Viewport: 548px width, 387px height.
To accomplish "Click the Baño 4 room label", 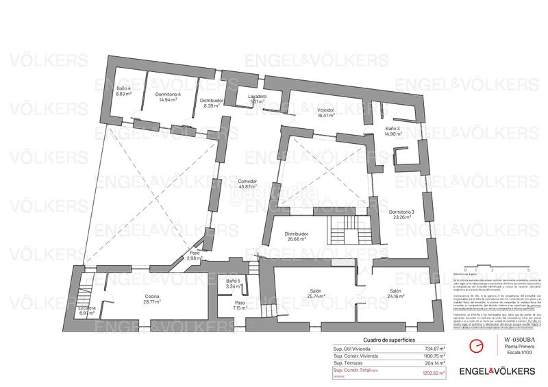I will click(x=123, y=91).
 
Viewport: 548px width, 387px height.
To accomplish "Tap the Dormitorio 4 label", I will click(x=166, y=97).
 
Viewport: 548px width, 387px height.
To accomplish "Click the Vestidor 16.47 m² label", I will click(x=325, y=112).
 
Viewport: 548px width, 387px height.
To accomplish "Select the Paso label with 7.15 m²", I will click(x=239, y=305).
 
